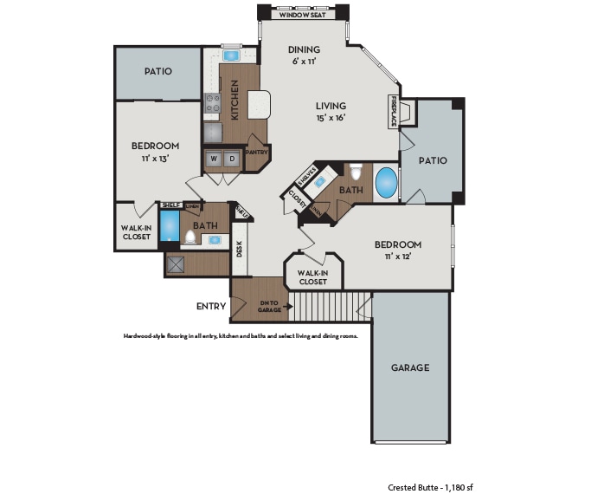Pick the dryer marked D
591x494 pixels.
(x=232, y=159)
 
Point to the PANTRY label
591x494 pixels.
(x=256, y=153)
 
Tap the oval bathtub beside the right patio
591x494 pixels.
(x=388, y=184)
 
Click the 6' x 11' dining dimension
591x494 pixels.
(x=304, y=62)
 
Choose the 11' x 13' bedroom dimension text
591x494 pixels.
(x=155, y=159)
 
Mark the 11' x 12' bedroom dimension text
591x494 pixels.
(x=398, y=257)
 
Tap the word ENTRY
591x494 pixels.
(x=211, y=306)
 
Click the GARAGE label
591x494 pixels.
(x=409, y=367)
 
